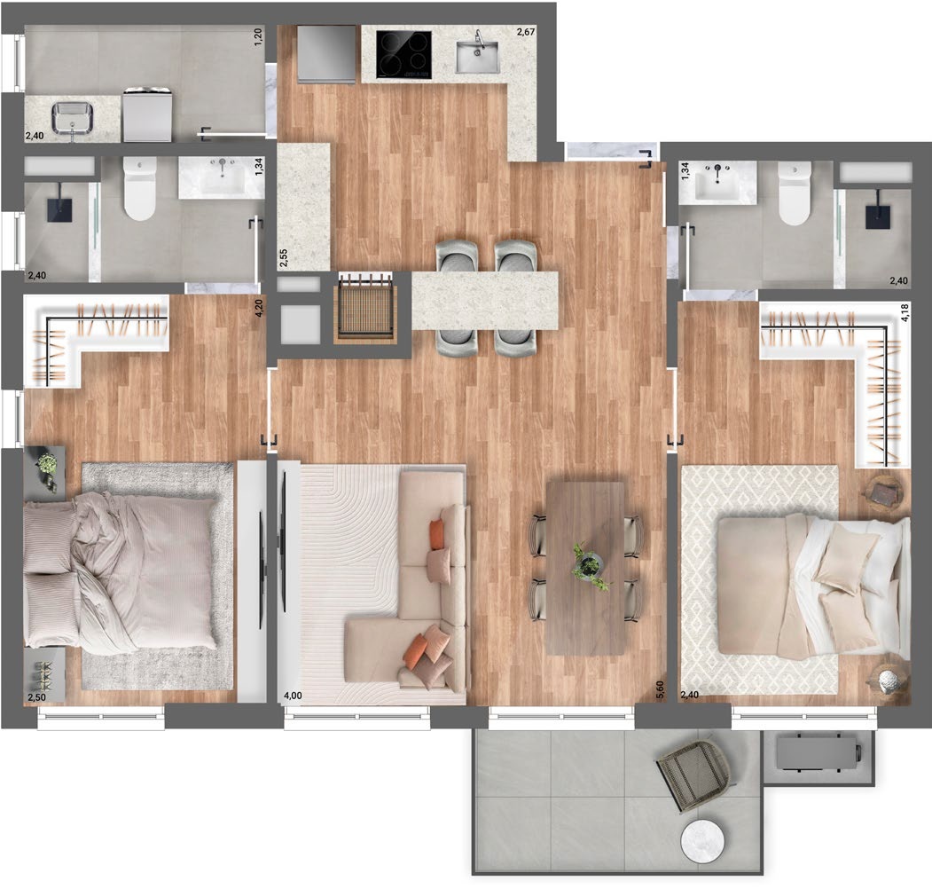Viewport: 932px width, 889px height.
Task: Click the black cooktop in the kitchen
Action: [x=404, y=55]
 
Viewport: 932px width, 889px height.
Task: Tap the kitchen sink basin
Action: [x=477, y=57]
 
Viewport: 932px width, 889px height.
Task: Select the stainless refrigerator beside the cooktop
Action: [x=326, y=54]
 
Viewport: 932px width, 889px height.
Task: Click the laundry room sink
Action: [x=71, y=118]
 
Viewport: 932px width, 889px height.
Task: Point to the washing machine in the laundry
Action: [x=148, y=115]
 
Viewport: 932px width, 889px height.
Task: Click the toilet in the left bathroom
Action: [x=140, y=188]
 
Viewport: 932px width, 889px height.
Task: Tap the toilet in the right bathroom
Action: [x=795, y=193]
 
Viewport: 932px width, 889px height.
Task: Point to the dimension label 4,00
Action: [x=293, y=696]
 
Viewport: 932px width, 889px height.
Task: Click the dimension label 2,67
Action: [x=526, y=32]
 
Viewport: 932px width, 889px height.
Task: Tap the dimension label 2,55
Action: [x=284, y=258]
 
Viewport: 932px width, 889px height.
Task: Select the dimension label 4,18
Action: [x=905, y=312]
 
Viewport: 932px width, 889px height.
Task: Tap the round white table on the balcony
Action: [x=702, y=841]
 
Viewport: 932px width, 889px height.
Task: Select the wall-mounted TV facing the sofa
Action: [x=261, y=570]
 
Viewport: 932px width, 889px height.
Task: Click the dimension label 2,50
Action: [x=37, y=696]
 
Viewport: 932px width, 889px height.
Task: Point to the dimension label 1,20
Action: [x=258, y=37]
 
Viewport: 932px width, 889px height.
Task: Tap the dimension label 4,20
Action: [x=259, y=309]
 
